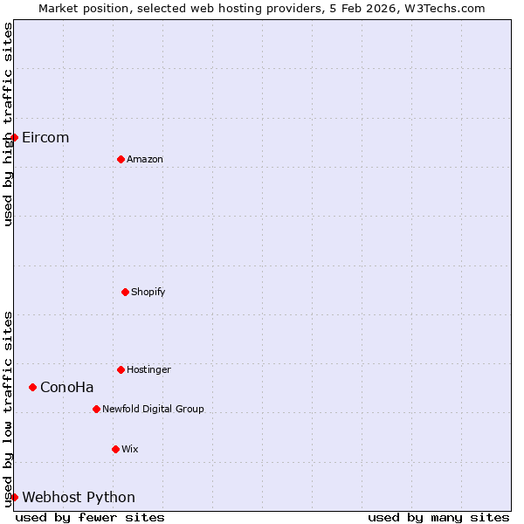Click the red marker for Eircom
[x=14, y=137]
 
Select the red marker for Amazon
[x=121, y=159]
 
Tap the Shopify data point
[x=125, y=292]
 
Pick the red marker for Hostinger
[x=121, y=369]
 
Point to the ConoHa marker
[x=32, y=387]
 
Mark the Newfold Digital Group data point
[x=96, y=409]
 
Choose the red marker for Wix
[x=115, y=449]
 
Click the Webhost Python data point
[x=14, y=497]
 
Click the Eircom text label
[x=45, y=137]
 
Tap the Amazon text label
[x=145, y=159]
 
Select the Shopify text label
[x=148, y=292]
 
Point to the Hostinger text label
[x=148, y=369]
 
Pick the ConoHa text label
[x=67, y=387]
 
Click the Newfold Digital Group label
[x=153, y=409]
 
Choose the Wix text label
[x=129, y=449]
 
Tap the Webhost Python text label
[x=79, y=497]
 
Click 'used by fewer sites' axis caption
[x=90, y=517]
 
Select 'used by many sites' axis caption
[x=438, y=517]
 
